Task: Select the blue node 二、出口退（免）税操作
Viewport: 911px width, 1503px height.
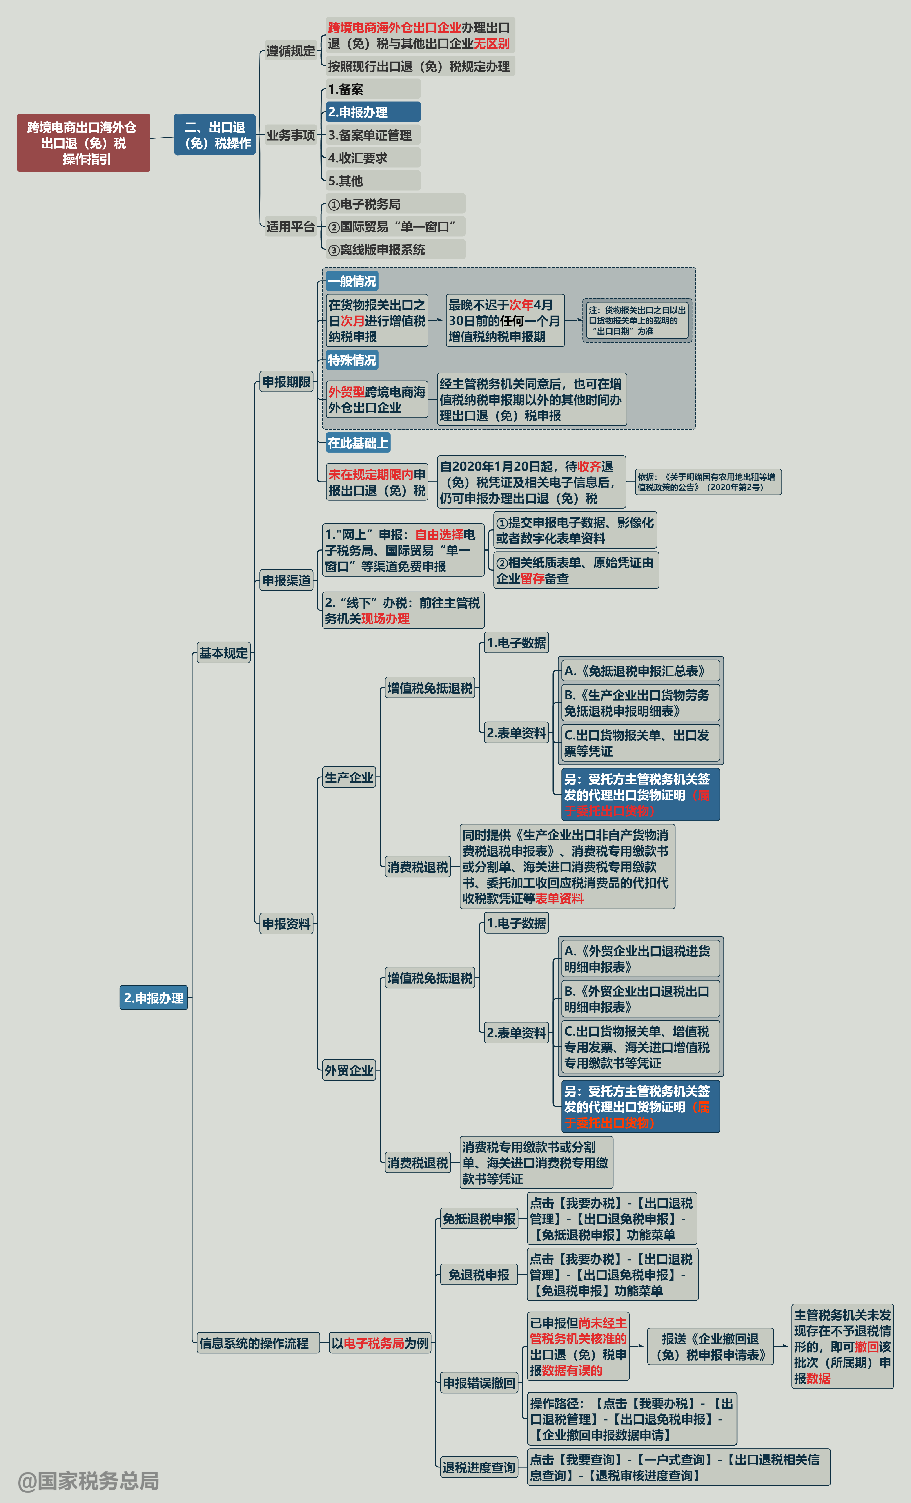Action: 215,135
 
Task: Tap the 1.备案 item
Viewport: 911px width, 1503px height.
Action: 373,89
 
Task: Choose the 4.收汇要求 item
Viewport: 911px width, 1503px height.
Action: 373,158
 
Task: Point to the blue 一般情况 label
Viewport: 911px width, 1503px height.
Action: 352,281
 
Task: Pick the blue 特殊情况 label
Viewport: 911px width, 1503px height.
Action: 352,360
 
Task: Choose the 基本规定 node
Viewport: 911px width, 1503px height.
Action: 224,653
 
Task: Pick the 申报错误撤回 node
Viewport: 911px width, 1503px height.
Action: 479,1383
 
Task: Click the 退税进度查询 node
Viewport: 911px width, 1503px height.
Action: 479,1467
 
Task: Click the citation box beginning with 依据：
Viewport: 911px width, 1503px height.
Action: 708,482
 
